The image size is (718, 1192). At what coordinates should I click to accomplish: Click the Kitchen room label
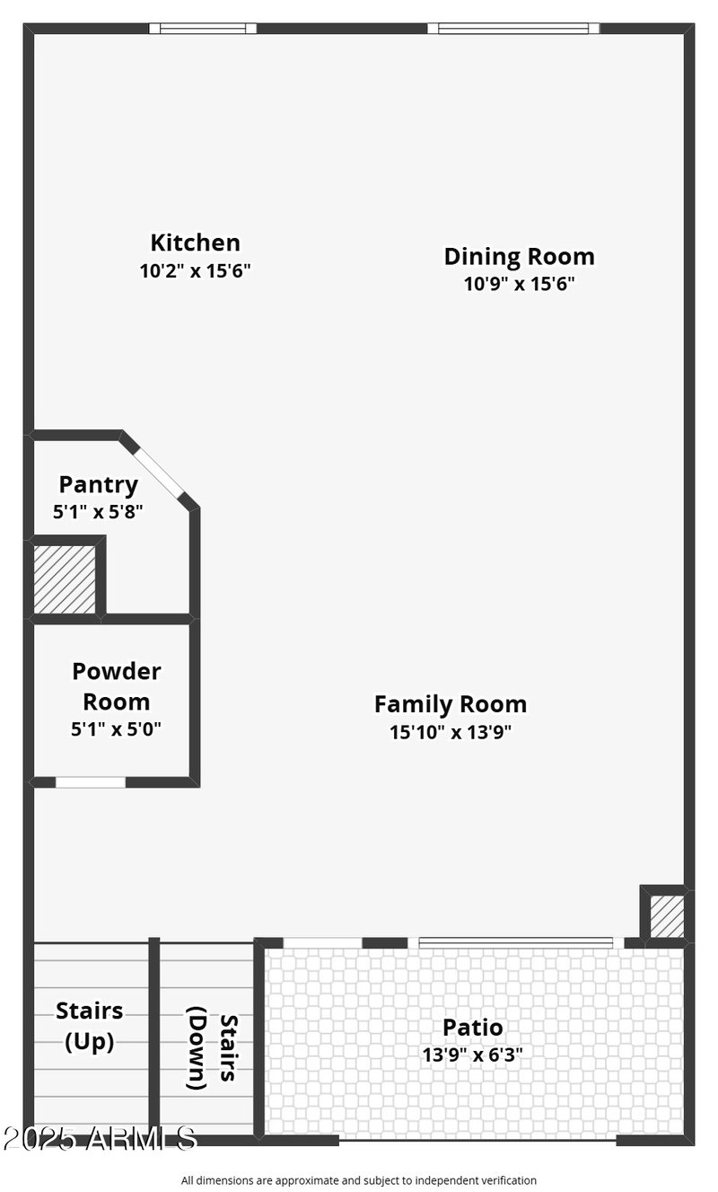point(195,243)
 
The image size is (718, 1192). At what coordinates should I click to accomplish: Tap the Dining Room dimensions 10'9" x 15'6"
point(519,284)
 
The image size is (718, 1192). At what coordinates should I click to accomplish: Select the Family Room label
point(451,703)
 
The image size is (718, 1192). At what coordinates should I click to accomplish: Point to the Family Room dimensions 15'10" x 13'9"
point(451,732)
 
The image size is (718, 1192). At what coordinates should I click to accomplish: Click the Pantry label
point(99,485)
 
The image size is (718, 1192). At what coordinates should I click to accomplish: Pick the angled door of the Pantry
point(160,471)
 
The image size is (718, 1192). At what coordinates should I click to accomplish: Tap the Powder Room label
point(117,685)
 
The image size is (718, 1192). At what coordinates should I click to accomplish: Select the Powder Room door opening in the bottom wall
point(91,782)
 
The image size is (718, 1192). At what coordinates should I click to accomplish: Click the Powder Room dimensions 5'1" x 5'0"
point(117,728)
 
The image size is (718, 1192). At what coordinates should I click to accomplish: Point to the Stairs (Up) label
point(90,1026)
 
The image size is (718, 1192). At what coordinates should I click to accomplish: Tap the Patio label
point(472,1027)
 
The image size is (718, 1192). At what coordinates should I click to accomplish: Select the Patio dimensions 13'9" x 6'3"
point(472,1055)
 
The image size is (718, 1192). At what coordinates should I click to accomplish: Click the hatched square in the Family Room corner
point(666,915)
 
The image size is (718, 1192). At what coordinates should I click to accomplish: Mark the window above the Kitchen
point(202,29)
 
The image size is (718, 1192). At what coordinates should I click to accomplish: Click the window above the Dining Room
point(513,29)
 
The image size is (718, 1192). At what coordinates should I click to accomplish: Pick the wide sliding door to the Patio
point(516,942)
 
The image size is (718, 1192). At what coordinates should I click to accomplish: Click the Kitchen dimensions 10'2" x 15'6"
point(195,270)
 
